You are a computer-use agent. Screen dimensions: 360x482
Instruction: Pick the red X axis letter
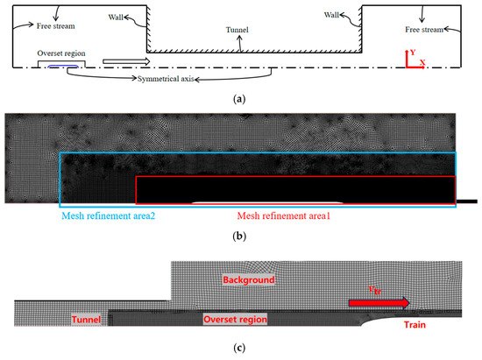point(422,63)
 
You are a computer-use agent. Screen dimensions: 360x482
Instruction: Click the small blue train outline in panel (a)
point(62,65)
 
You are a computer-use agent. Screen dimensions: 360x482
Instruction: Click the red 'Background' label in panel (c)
point(247,280)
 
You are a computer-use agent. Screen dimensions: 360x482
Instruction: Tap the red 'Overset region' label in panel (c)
point(234,320)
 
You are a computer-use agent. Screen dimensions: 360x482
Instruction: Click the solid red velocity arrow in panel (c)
point(378,303)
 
